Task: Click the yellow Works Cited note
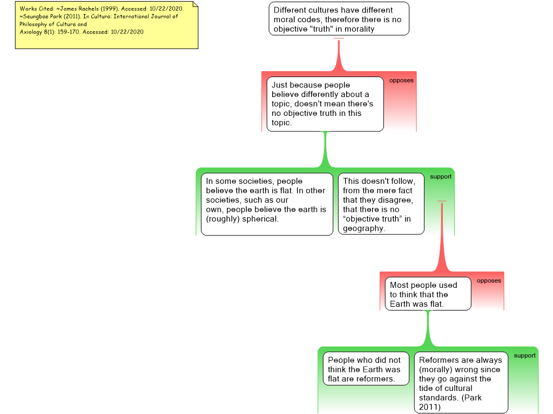tap(106, 25)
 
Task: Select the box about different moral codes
tap(339, 19)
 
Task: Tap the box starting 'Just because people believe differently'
tap(325, 103)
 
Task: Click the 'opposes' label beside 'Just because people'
tap(401, 80)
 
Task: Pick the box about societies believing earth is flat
tap(267, 204)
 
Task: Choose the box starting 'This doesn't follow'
tap(381, 204)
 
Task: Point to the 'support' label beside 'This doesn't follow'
tap(441, 177)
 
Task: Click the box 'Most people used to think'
tap(427, 294)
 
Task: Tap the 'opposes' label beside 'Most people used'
tap(489, 280)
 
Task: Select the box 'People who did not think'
tap(366, 369)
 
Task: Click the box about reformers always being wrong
tap(461, 383)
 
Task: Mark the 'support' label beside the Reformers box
tap(524, 356)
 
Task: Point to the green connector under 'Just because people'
tap(325, 150)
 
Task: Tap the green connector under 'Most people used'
tap(429, 328)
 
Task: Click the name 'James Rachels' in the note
tap(77, 9)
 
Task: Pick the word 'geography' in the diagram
tap(363, 228)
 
